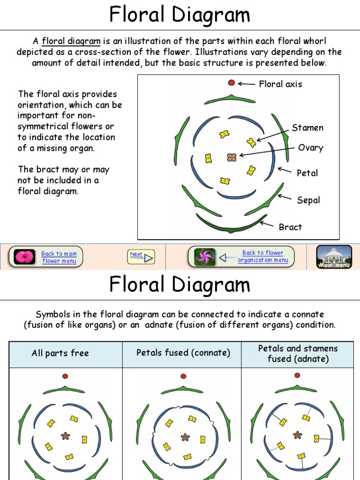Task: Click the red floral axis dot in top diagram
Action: [231, 83]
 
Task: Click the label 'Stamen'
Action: [307, 128]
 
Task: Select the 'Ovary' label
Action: [310, 148]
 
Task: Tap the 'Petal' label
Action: [307, 173]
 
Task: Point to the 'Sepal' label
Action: [308, 200]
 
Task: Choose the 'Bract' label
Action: [290, 227]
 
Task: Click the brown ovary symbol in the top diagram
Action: [232, 157]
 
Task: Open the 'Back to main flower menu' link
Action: [59, 257]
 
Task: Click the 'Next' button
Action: [141, 256]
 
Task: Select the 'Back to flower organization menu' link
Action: [262, 256]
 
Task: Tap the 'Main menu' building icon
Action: [334, 257]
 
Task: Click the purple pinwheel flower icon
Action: [205, 257]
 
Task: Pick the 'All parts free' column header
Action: [60, 353]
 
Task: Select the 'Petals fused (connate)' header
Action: [183, 353]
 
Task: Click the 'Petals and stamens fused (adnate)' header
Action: [298, 353]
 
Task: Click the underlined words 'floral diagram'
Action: [71, 41]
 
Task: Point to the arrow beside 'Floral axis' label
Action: [246, 84]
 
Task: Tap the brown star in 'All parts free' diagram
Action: [66, 436]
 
